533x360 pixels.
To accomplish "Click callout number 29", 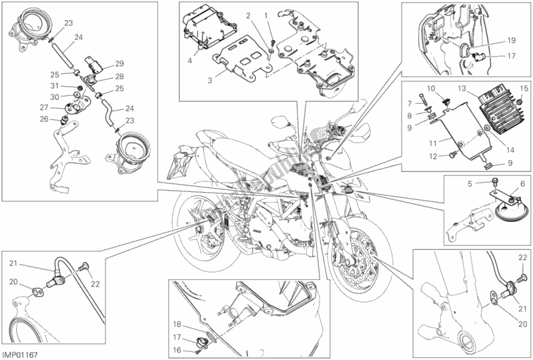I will [x=119, y=63].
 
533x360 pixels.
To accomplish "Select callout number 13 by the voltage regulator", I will [x=460, y=88].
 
